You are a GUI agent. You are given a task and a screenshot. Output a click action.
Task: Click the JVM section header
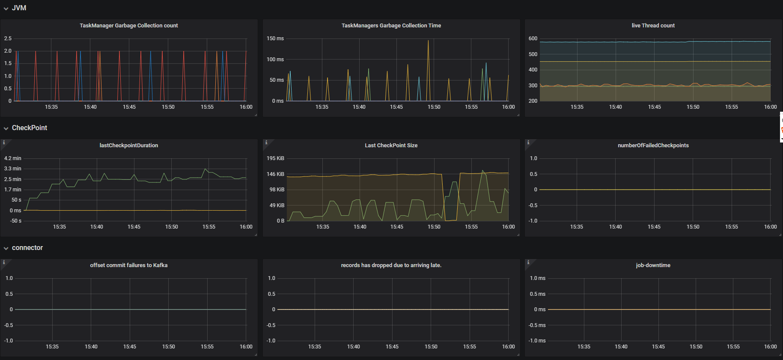[x=19, y=8]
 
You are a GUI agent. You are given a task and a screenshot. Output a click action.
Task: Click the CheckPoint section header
[x=29, y=128]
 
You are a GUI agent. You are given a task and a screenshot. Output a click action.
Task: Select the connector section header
[x=27, y=248]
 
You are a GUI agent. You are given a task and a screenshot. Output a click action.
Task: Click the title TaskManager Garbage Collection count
[x=128, y=26]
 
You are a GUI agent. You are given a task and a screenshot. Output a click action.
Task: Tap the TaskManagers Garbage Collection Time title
[x=391, y=26]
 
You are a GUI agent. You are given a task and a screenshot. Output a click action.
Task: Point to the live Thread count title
[x=653, y=26]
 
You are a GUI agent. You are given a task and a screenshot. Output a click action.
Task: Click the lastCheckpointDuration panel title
[x=128, y=146]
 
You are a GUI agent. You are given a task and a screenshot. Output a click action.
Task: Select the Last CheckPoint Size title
[x=391, y=146]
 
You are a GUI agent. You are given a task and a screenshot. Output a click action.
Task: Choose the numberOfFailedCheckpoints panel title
[x=653, y=146]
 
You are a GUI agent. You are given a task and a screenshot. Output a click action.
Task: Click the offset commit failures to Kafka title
[x=128, y=265]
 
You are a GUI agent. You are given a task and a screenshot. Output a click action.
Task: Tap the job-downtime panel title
[x=653, y=265]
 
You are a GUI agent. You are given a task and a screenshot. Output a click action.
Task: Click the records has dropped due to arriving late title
[x=391, y=265]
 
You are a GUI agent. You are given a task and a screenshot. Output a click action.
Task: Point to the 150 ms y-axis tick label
[x=275, y=39]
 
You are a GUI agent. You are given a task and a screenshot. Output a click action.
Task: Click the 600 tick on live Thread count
[x=533, y=39]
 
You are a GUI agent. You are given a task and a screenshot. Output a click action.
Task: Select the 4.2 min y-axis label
[x=12, y=158]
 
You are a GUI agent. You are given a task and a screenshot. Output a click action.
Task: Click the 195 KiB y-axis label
[x=275, y=158]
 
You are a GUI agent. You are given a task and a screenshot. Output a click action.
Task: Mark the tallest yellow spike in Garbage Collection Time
[x=428, y=41]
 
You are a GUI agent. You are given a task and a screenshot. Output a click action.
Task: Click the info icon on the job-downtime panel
[x=528, y=262]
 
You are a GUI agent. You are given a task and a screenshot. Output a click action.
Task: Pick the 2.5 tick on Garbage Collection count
[x=8, y=39]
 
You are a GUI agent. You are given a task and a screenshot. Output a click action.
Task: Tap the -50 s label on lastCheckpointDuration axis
[x=16, y=221]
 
